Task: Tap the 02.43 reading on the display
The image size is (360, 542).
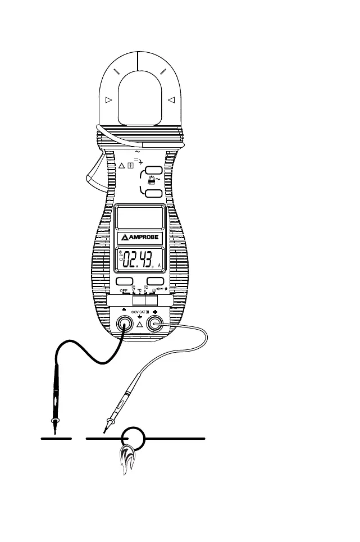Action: [138, 261]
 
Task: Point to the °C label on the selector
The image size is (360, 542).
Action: [140, 291]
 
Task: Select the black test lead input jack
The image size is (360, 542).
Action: [124, 324]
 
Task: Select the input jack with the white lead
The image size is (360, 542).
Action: [154, 324]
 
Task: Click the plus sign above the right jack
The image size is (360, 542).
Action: [155, 310]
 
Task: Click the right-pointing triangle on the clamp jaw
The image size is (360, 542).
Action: [109, 100]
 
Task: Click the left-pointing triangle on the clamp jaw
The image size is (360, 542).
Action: [171, 100]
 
